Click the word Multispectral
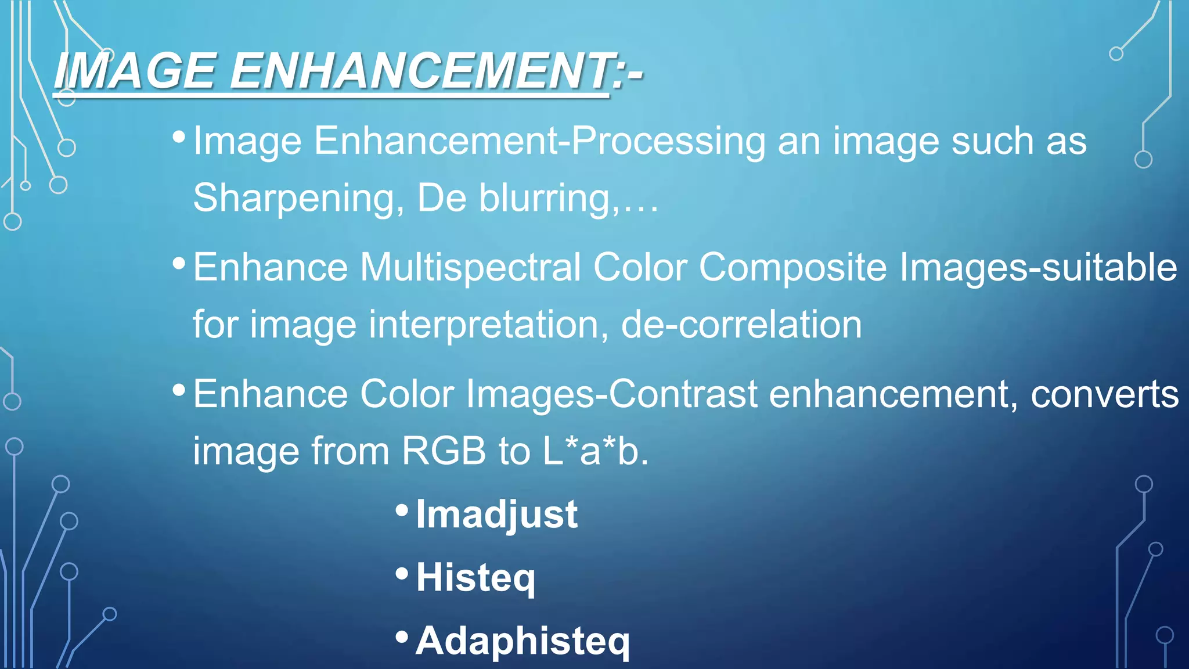click(470, 268)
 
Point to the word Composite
click(792, 268)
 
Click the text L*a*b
click(594, 451)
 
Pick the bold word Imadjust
click(497, 515)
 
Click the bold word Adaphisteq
click(523, 641)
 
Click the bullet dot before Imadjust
click(402, 511)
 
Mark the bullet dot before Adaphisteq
click(402, 637)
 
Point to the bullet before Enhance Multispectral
click(179, 264)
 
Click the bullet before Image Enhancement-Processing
click(179, 138)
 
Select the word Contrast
click(683, 394)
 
